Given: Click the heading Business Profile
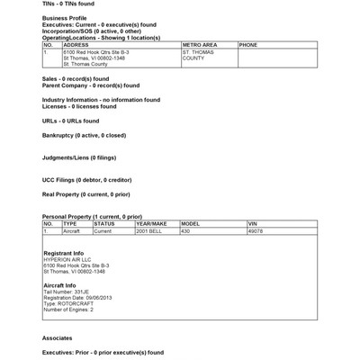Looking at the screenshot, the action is click(x=64, y=17).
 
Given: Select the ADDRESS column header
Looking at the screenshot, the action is click(x=76, y=43).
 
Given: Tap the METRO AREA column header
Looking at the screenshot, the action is click(x=200, y=43).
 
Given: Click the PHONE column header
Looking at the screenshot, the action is click(x=248, y=43).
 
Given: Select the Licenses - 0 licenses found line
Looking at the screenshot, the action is click(x=86, y=106).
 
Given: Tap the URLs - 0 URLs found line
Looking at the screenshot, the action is click(x=70, y=120).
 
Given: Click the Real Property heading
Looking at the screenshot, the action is click(x=85, y=193).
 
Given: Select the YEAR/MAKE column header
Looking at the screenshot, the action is click(x=152, y=223).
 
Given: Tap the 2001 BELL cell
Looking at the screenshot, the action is click(x=150, y=231).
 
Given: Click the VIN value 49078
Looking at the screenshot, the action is click(x=256, y=231).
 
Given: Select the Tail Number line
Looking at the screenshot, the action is click(x=66, y=292).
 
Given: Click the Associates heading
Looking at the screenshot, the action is click(x=57, y=337).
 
